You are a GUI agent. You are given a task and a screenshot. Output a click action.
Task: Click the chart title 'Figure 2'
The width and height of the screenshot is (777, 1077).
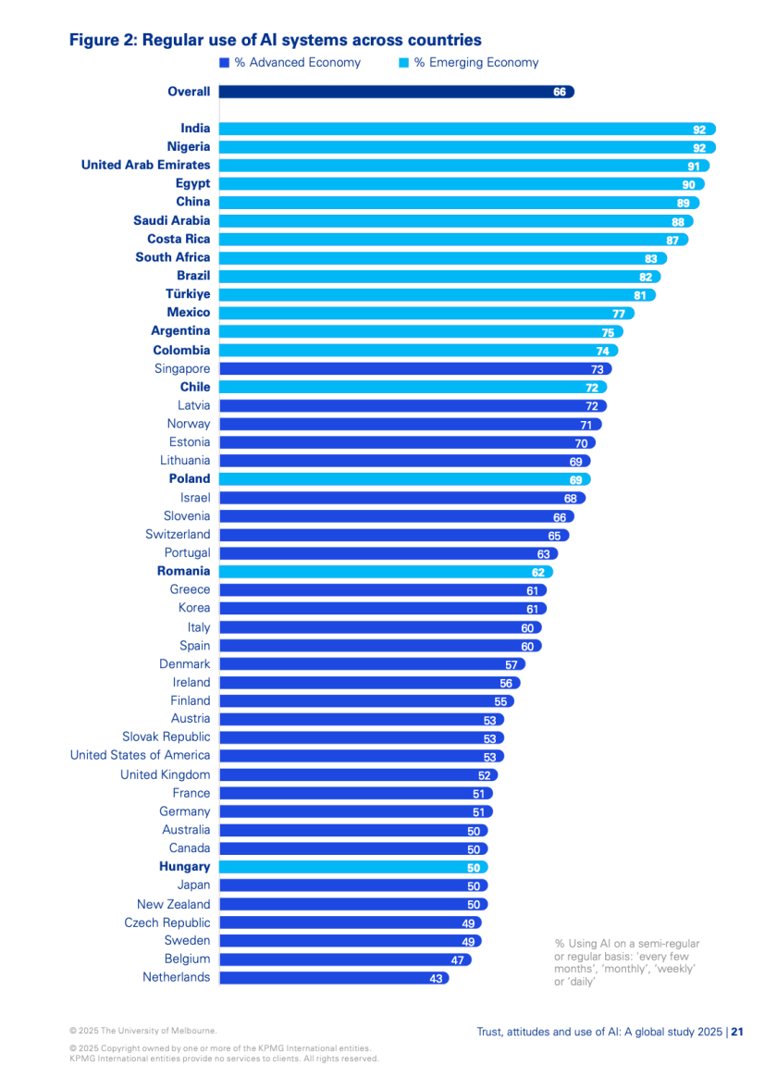coord(275,40)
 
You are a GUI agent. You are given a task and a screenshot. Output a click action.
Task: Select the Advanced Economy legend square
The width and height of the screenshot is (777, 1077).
coord(224,63)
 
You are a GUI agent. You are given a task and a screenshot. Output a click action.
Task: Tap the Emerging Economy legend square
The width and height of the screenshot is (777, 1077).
coord(403,63)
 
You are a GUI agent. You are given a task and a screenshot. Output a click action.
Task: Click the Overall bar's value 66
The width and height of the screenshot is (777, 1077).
coord(560,92)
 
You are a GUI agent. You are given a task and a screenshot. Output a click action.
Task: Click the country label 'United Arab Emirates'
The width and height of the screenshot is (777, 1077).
coord(145,165)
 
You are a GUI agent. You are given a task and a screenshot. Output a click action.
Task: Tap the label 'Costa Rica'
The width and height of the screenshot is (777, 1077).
coord(179,239)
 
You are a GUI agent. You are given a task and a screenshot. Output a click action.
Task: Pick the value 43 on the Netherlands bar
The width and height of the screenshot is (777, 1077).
coord(437,978)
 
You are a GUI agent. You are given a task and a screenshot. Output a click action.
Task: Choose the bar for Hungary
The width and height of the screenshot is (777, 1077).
coord(351,867)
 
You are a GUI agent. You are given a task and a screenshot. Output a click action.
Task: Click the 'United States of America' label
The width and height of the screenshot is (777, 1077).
coord(140,755)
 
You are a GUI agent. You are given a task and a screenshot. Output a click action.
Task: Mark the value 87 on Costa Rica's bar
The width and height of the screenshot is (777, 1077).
coord(673,240)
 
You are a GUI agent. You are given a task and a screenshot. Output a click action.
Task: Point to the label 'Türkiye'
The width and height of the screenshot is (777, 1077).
coord(188,293)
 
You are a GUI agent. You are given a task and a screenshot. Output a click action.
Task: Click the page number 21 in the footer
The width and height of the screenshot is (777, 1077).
coord(737,1032)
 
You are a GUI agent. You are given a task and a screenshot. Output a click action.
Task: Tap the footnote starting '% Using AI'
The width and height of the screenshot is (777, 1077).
coord(626,962)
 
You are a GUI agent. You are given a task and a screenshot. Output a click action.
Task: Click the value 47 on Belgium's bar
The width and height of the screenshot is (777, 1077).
coord(457,959)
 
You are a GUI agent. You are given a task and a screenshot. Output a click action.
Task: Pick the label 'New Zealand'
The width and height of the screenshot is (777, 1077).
coord(173,904)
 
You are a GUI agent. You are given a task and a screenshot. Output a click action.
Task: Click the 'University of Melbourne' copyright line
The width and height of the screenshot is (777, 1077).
coord(143,1030)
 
